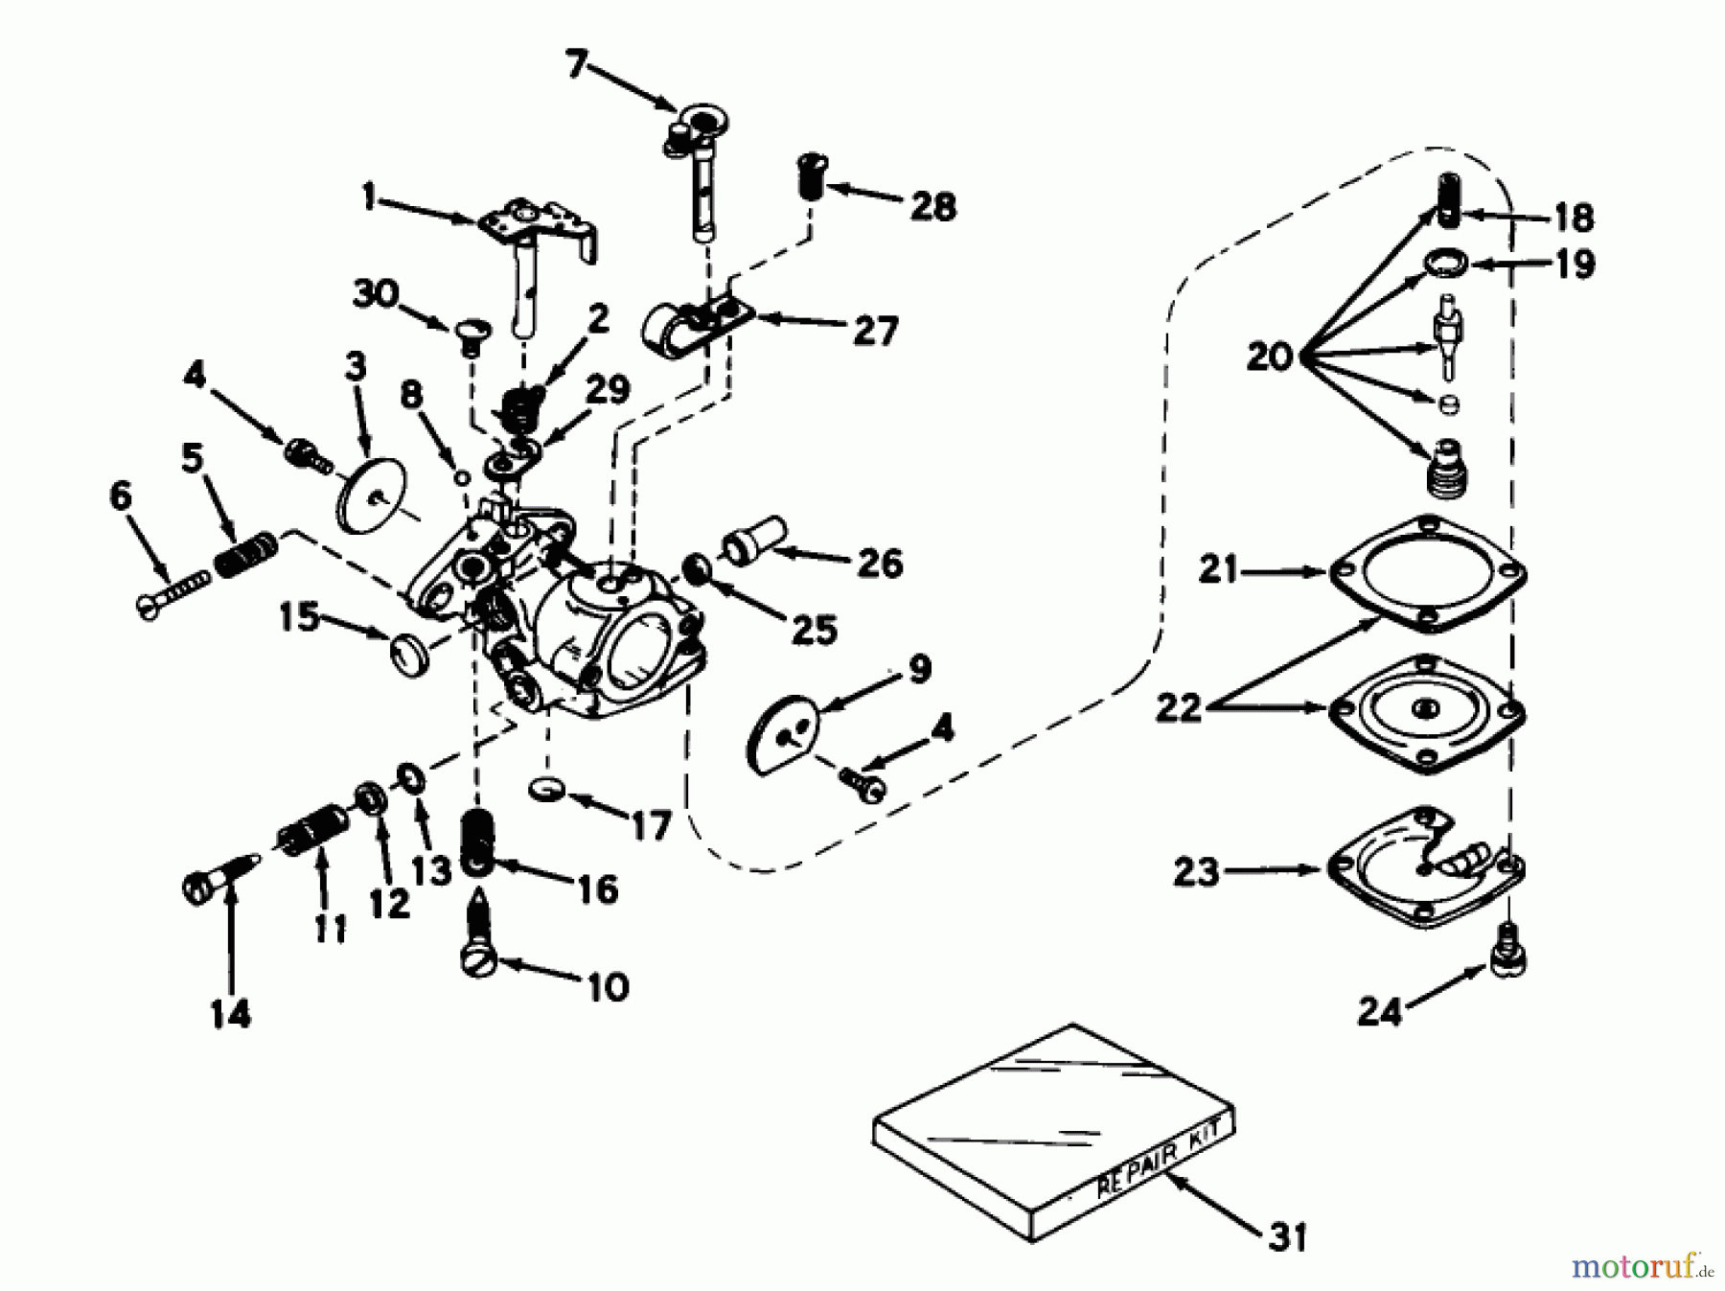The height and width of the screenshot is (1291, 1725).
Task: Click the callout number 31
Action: pos(1287,1238)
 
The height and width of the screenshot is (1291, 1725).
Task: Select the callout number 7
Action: pos(574,67)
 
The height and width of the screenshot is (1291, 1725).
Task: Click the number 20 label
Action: pos(1270,357)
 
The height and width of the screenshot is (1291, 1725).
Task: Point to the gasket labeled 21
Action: pos(1426,575)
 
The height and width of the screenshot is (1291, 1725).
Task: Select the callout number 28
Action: pos(932,205)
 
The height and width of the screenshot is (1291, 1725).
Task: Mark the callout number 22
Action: pos(1179,707)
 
